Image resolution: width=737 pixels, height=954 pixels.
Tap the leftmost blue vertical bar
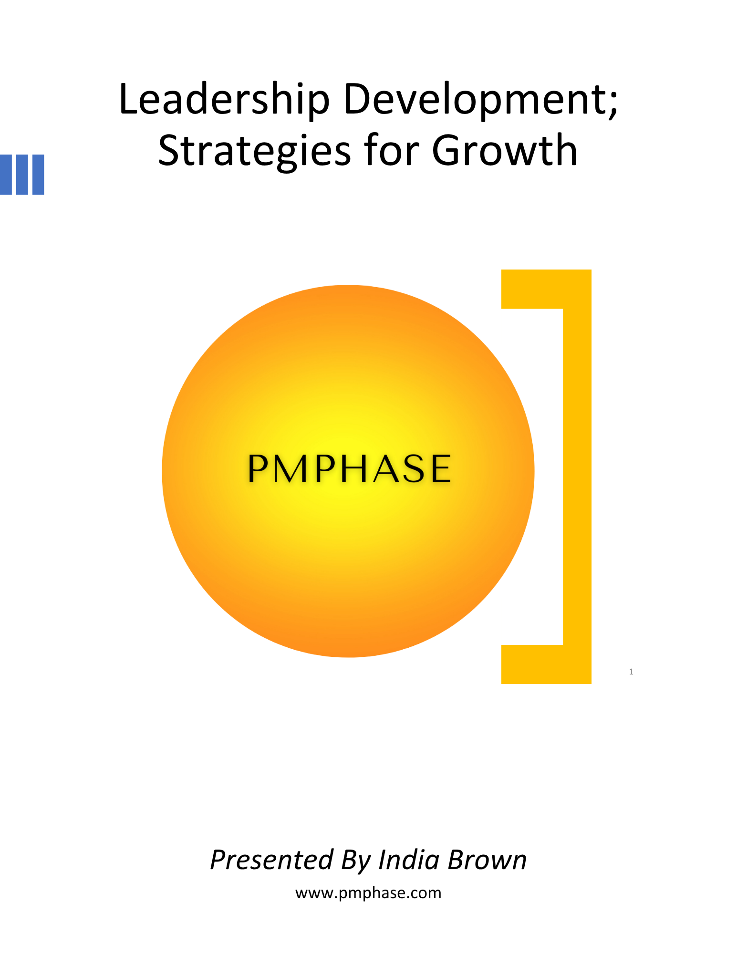[x=5, y=175]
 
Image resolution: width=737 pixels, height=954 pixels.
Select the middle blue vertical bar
[x=22, y=175]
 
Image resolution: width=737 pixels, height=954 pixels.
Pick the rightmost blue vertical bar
[x=38, y=175]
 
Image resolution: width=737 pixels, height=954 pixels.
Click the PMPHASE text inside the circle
[x=349, y=468]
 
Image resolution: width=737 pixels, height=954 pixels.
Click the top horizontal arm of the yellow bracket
[x=546, y=289]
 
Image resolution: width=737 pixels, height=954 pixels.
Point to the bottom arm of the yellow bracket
[x=546, y=664]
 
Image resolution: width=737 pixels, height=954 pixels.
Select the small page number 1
[x=631, y=672]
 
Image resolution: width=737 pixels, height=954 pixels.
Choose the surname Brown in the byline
[x=488, y=860]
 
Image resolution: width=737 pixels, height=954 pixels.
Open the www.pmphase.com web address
[x=368, y=893]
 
